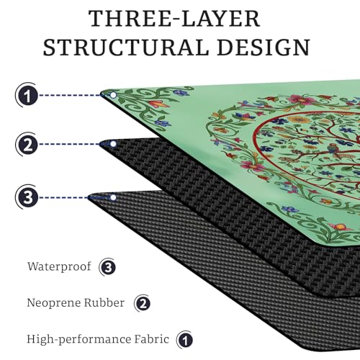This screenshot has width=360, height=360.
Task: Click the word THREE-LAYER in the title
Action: [174, 19]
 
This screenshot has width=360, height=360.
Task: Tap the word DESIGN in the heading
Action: [264, 48]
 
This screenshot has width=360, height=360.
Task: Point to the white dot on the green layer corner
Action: [113, 95]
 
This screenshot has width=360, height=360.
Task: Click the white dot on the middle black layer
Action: [113, 144]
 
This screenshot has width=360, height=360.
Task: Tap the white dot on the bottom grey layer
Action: [113, 197]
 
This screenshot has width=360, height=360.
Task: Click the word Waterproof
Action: [59, 267]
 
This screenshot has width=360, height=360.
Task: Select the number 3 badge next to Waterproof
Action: [108, 267]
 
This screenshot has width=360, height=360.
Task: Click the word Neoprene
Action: [48, 303]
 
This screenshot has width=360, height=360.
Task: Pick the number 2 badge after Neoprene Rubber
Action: [143, 304]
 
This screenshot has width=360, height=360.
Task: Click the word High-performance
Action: [78, 340]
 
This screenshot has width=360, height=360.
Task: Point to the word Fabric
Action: [151, 339]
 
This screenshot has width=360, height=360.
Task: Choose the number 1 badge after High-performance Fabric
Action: [185, 340]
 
